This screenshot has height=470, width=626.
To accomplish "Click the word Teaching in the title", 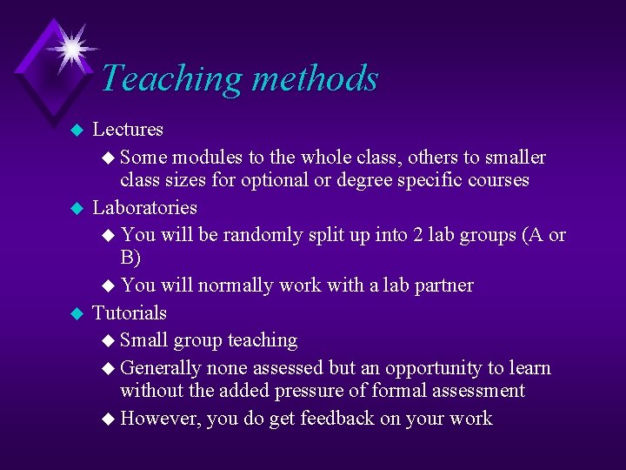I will [165, 78].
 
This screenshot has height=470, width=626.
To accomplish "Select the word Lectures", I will [128, 130].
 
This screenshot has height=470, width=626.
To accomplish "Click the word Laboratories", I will [144, 208].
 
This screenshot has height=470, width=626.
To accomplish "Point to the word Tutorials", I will [130, 312].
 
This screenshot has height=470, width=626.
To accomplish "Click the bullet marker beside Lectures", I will [76, 131].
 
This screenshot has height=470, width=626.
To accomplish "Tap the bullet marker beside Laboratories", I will [76, 209].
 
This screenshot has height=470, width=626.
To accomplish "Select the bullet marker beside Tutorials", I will [76, 313].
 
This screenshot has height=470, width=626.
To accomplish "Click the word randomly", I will [259, 235].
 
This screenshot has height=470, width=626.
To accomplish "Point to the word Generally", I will [163, 368].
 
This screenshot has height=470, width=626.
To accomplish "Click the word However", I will [161, 419].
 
